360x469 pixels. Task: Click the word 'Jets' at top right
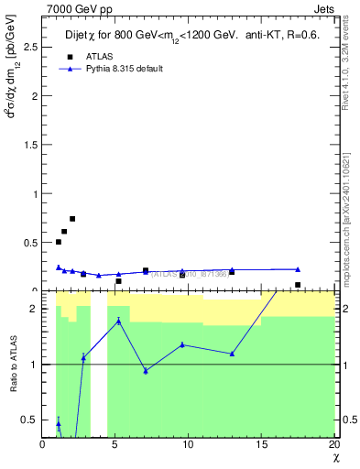(x=324, y=8)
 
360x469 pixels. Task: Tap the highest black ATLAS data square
(x=72, y=219)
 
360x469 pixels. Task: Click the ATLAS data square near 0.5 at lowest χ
(x=59, y=242)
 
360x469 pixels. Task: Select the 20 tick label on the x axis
(x=333, y=444)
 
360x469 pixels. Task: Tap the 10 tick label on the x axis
(x=188, y=444)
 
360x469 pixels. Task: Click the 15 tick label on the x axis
(x=260, y=444)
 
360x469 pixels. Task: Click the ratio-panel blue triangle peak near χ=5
(x=118, y=321)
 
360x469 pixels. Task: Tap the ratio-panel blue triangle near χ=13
(x=233, y=354)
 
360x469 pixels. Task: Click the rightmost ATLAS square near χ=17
(x=298, y=285)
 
